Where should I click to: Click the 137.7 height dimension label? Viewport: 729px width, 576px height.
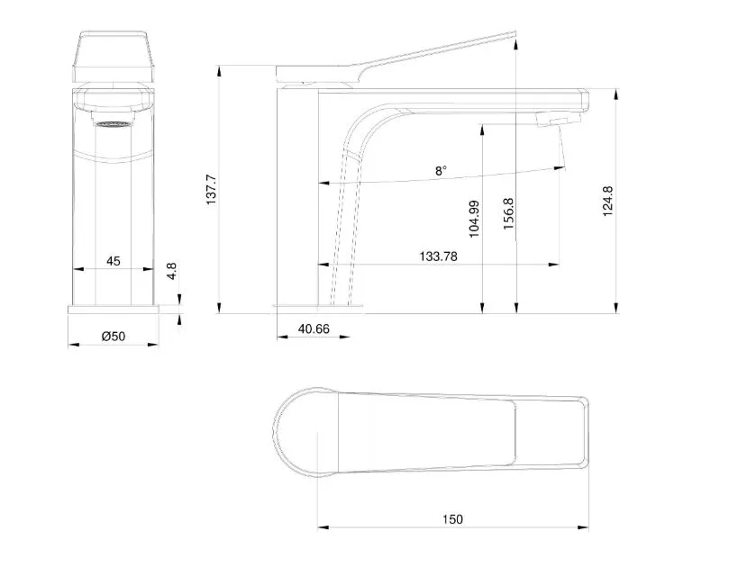(x=211, y=190)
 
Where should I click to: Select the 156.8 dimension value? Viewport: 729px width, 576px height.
(x=508, y=213)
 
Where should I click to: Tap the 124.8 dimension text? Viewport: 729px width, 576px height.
(x=607, y=201)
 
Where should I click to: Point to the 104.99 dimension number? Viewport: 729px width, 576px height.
(x=474, y=220)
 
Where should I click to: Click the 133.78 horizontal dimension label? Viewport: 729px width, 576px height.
(x=438, y=256)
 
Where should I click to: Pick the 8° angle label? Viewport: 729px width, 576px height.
(x=442, y=170)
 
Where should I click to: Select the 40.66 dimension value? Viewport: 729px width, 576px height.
(x=314, y=328)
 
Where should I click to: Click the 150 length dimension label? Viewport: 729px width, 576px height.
(x=452, y=519)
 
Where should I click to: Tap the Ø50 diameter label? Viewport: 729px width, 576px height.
(x=114, y=337)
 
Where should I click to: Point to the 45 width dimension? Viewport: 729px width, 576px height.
(x=113, y=261)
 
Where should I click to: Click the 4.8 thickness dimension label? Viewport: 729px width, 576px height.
(x=171, y=271)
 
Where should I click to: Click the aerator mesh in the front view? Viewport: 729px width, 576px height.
(x=113, y=124)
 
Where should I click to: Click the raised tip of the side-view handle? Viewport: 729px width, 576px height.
(x=514, y=33)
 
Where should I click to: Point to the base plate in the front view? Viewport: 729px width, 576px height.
(x=114, y=310)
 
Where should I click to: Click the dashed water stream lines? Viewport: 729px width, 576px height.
(x=345, y=228)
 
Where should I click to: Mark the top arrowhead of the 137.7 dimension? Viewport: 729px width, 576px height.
(x=219, y=71)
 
